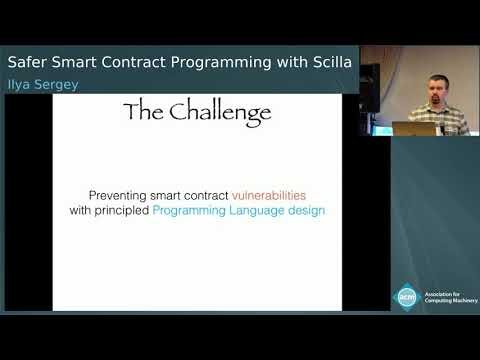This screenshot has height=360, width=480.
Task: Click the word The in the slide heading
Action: pos(144,110)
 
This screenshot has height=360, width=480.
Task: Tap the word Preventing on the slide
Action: pos(119,194)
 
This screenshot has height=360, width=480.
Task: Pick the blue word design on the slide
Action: pos(306,211)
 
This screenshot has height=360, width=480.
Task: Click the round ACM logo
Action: pos(406,297)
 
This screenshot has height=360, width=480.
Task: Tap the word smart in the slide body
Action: pos(180,194)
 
